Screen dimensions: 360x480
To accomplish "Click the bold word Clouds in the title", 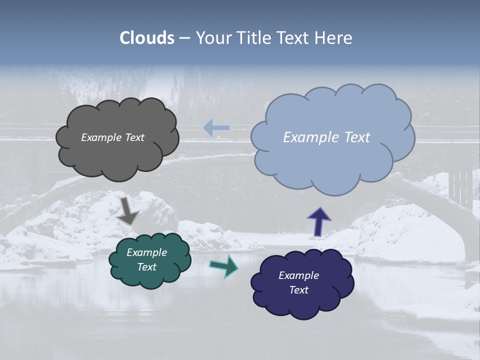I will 147,38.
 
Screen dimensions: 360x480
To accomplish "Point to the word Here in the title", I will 334,38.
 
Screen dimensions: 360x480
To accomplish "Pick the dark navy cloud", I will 302,305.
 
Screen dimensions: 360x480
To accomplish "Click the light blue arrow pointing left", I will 216,128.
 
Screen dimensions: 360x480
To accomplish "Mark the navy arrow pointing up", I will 318,222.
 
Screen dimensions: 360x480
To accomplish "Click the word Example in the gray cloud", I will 101,137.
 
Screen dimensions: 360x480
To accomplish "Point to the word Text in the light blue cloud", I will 357,137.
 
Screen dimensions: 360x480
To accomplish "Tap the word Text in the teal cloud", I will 147,267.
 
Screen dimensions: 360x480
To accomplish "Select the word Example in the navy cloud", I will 298,275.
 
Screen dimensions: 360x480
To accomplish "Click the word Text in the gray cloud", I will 134,137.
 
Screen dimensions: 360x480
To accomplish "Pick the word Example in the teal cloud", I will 147,252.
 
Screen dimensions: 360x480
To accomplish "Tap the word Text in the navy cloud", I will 298,290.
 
